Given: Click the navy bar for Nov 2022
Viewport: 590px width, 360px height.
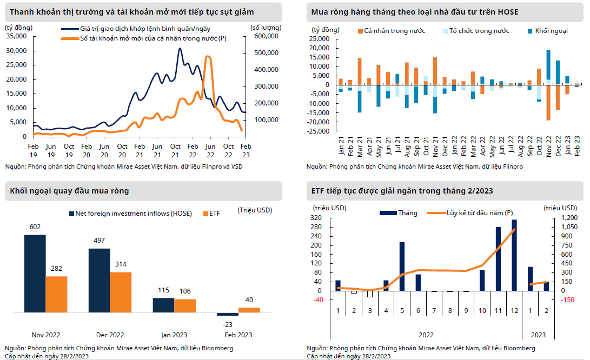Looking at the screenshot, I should pyautogui.click(x=35, y=274).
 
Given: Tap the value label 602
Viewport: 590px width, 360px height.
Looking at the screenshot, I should pyautogui.click(x=35, y=228).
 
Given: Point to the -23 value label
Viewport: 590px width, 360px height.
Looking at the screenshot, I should pyautogui.click(x=227, y=324).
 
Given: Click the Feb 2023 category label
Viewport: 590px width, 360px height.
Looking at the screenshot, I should pyautogui.click(x=238, y=335).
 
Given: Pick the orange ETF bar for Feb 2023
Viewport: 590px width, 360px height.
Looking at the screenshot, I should pyautogui.click(x=249, y=310).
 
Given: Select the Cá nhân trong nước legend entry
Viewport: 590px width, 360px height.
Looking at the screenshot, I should pyautogui.click(x=394, y=31).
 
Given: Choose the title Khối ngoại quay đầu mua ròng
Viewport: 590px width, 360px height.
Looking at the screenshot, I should pyautogui.click(x=69, y=191).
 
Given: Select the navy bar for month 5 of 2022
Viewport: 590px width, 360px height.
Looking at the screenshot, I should pyautogui.click(x=402, y=266).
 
